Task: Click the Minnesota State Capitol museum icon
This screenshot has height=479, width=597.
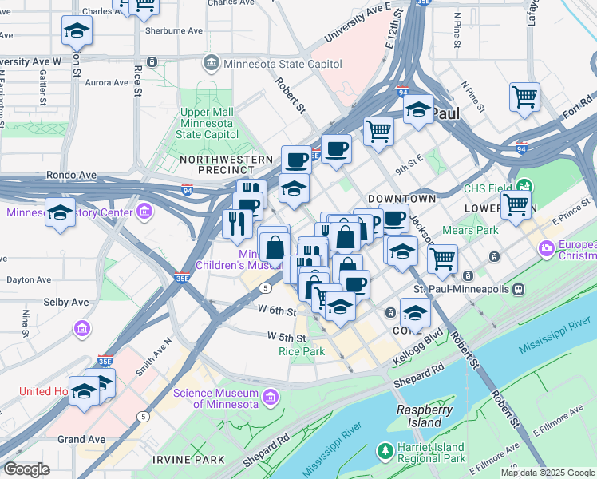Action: click(x=212, y=61)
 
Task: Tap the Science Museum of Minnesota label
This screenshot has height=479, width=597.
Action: click(x=215, y=398)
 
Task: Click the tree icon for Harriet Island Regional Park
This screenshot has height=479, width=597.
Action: click(x=385, y=453)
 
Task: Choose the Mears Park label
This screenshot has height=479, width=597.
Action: click(x=475, y=231)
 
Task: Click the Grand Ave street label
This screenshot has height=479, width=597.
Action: click(x=81, y=440)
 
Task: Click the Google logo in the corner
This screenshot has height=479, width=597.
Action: click(x=26, y=469)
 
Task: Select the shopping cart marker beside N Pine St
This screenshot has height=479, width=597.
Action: click(x=524, y=97)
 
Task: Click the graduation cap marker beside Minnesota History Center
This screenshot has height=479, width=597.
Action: click(x=61, y=212)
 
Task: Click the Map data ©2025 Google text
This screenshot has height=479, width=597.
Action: click(x=547, y=473)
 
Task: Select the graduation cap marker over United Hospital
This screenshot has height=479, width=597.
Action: click(x=84, y=391)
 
